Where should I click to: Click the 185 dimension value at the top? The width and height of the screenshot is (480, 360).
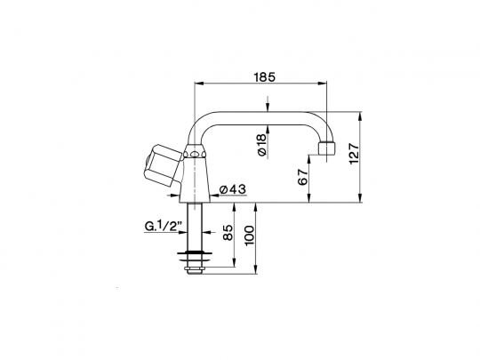click(263, 77)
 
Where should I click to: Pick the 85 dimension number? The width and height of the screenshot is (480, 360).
click(228, 236)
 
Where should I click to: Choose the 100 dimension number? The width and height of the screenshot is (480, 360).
click(252, 236)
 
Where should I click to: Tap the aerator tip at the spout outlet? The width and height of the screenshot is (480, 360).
click(327, 153)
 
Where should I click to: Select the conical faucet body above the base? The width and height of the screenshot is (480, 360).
click(195, 178)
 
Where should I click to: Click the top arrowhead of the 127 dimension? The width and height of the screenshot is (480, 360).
click(361, 116)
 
